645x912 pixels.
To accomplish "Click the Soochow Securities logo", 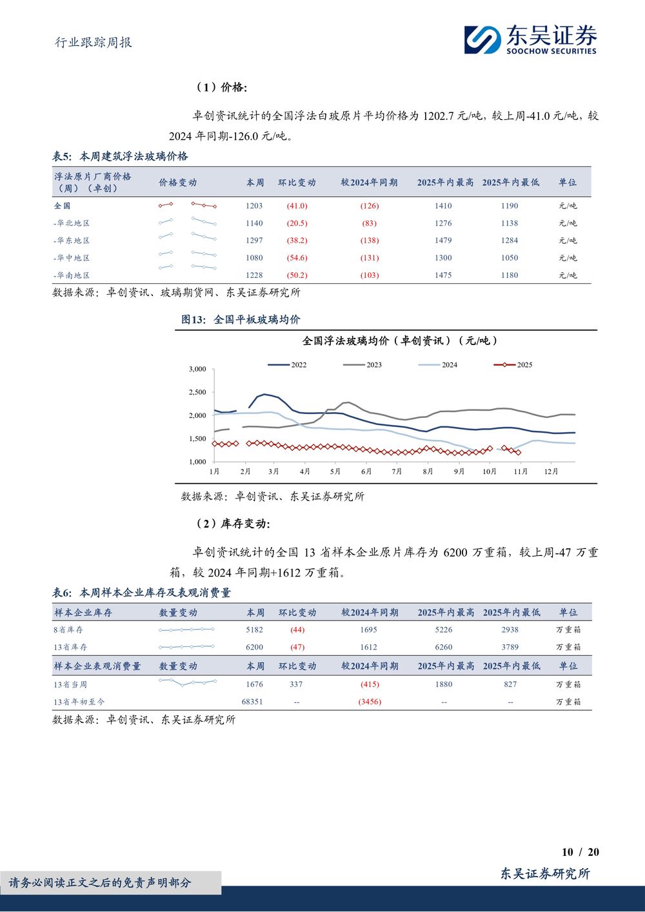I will [x=530, y=39].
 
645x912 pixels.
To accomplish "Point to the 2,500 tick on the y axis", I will [x=197, y=392].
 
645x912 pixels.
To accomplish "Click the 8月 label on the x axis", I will [x=428, y=471].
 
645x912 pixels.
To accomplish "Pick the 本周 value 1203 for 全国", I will [x=254, y=206].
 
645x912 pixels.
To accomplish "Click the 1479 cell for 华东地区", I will [x=443, y=241].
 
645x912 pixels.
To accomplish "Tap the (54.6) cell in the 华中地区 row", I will [x=297, y=258].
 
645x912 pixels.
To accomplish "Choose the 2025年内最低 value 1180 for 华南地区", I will [x=510, y=275].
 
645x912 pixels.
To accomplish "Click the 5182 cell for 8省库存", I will [x=254, y=629].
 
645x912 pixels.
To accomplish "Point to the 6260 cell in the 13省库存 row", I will [x=444, y=647].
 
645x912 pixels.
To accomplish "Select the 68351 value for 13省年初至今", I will [x=252, y=702].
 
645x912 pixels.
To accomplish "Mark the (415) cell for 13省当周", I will [x=370, y=684].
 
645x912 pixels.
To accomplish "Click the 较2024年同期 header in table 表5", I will [x=369, y=183].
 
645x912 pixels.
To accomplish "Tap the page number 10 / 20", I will [x=580, y=852].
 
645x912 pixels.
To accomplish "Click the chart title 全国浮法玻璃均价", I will [x=400, y=341].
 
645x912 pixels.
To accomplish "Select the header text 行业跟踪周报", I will [x=94, y=43].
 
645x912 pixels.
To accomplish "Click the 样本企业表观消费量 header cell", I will [x=97, y=666].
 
